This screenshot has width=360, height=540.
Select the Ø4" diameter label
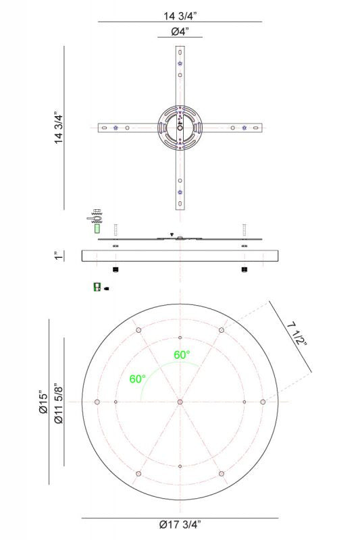pos(180,32)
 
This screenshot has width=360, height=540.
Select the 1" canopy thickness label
pos(59,256)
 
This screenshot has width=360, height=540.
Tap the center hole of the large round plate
pos(180,402)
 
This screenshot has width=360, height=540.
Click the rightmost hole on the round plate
pos(263,402)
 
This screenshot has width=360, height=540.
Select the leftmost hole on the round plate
pos(97,402)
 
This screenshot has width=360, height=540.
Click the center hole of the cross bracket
pos(180,128)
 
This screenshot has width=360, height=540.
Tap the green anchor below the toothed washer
pos(97,229)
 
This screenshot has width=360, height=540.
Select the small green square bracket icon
pos(97,287)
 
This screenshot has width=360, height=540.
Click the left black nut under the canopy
pos(116,270)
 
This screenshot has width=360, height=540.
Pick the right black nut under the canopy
pos(244,270)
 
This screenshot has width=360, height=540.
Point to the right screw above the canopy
pos(244,229)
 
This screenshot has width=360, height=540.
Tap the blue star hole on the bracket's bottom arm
pos(180,192)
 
